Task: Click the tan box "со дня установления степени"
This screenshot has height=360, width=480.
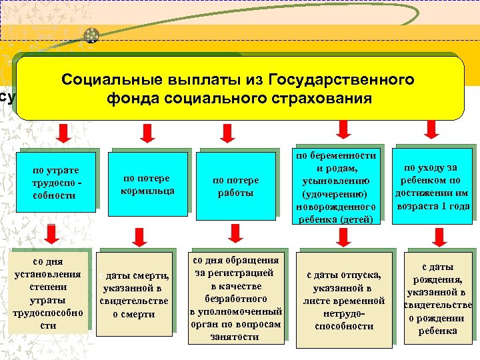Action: [48, 292]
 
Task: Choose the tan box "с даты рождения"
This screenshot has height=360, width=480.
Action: [437, 297]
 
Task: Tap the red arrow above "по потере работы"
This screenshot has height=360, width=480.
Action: [226, 133]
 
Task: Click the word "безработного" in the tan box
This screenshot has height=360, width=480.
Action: [237, 299]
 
